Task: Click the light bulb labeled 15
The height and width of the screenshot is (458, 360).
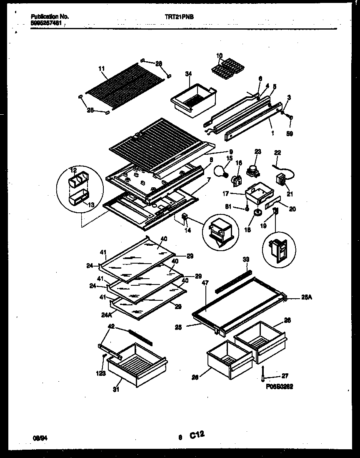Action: tap(219, 171)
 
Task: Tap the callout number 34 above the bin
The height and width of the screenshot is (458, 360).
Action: tap(189, 74)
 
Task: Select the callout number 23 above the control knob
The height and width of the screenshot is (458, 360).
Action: tap(257, 151)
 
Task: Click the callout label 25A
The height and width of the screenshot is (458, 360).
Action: tap(307, 298)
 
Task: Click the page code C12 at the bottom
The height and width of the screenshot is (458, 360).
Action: tap(197, 435)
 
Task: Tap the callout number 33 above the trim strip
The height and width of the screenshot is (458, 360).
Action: tap(245, 259)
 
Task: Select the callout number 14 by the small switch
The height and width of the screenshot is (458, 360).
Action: tap(188, 230)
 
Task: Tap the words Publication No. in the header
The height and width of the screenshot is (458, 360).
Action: tap(50, 17)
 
